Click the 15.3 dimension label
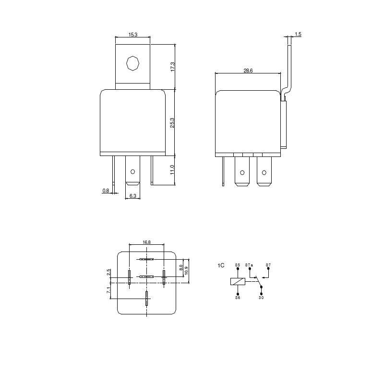tap(133, 35)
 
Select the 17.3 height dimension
tap(173, 67)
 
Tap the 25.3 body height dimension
tap(172, 123)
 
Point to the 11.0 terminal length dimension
tap(172, 170)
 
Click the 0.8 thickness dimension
tap(106, 190)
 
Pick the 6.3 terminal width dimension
tap(133, 196)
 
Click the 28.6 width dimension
tap(248, 71)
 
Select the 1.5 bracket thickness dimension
tap(298, 34)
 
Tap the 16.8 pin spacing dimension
tap(146, 242)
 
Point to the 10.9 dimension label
tap(186, 270)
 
